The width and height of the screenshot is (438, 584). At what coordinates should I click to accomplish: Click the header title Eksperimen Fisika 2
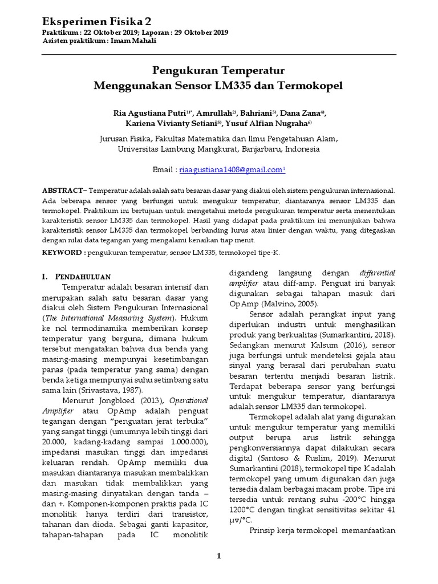tap(98, 21)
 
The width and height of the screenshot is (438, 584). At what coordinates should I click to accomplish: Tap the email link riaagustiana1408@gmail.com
tap(230, 170)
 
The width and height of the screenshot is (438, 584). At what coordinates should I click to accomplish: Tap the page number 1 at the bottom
tap(218, 556)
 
